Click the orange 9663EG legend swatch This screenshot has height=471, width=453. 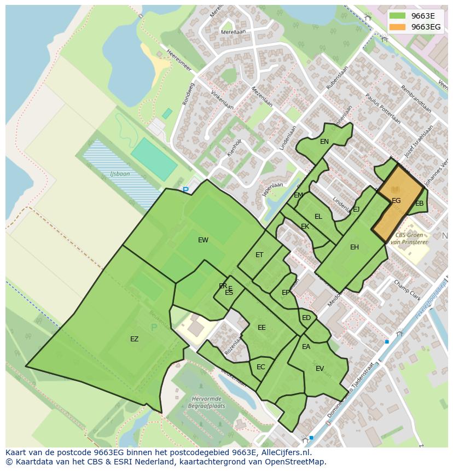pos(398,27)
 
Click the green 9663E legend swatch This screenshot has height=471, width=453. pos(398,16)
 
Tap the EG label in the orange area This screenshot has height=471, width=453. pos(396,201)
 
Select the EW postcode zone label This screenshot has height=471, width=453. pos(203,240)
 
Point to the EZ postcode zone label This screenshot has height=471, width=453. pos(134,339)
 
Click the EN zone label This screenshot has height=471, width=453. pos(324,142)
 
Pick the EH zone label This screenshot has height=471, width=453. pos(355,247)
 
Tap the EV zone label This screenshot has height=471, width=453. pos(320,369)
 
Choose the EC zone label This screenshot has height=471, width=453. pos(261,367)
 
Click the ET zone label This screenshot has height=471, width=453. pos(259,255)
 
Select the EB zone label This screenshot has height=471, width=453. pos(420,203)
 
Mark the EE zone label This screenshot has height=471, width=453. pos(262,328)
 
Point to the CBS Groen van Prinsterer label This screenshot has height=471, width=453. pos(408,238)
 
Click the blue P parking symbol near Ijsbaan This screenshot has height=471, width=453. pos(185,190)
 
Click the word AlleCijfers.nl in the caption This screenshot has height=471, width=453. pos(286,452)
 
